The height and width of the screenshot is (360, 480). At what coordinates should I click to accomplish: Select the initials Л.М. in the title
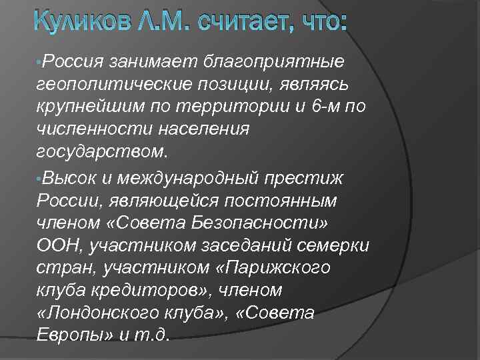(159, 25)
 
